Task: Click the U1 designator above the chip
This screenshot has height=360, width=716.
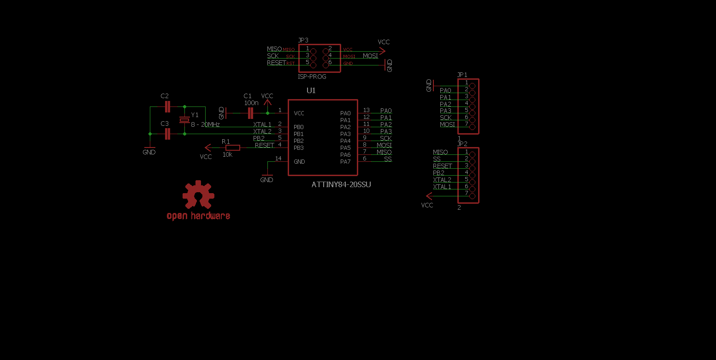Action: pyautogui.click(x=311, y=90)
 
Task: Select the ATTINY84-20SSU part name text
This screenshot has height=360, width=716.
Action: pyautogui.click(x=341, y=184)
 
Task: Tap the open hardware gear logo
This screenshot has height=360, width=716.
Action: pyautogui.click(x=198, y=195)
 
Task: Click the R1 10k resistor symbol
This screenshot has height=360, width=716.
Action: pyautogui.click(x=232, y=148)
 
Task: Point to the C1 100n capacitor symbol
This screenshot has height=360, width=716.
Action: pyautogui.click(x=250, y=113)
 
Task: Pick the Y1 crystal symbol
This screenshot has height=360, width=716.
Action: pyautogui.click(x=184, y=120)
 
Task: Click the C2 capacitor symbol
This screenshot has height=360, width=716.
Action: pyautogui.click(x=167, y=107)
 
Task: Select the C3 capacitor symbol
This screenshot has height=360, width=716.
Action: pyautogui.click(x=167, y=134)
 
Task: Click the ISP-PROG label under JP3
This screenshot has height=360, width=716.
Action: pyautogui.click(x=312, y=77)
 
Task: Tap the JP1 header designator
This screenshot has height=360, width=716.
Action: pyautogui.click(x=462, y=75)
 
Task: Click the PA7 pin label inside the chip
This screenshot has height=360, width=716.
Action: pyautogui.click(x=345, y=161)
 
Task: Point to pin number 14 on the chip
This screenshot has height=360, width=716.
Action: pyautogui.click(x=278, y=159)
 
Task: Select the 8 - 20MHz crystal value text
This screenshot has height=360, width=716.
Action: pyautogui.click(x=205, y=124)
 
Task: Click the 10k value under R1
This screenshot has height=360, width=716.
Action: pyautogui.click(x=227, y=155)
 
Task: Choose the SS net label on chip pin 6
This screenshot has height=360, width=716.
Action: pyautogui.click(x=388, y=159)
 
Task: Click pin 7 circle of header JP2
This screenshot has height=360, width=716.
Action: pyautogui.click(x=472, y=196)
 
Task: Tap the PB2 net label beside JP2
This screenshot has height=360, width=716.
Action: pyautogui.click(x=438, y=173)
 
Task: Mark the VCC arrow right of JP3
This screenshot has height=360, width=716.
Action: pyautogui.click(x=383, y=51)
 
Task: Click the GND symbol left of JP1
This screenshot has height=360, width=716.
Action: pyautogui.click(x=432, y=85)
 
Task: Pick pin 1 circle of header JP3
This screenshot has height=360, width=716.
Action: pyautogui.click(x=314, y=51)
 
